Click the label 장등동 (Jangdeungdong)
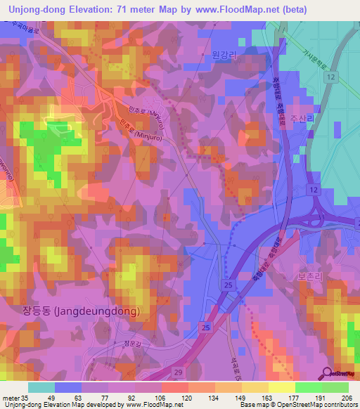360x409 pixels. coord(91,310)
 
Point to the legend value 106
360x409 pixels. coord(161,397)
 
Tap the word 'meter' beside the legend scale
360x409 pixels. coord(9,397)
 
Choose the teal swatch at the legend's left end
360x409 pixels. coord(41,387)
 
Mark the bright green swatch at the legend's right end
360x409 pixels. coord(335,387)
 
